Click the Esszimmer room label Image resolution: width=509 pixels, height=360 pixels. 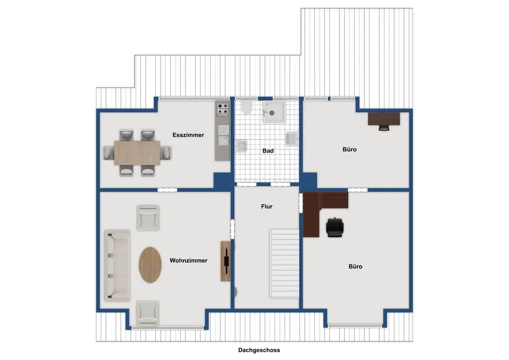[188, 135]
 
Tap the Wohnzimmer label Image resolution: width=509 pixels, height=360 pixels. [188, 260]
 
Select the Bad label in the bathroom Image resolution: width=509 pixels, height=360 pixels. [268, 151]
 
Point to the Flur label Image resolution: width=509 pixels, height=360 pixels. [267, 206]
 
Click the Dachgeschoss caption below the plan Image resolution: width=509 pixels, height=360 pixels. [259, 350]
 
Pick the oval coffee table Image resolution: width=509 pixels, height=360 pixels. [150, 265]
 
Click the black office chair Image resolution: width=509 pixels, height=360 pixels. [335, 227]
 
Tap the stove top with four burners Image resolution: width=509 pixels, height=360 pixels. [223, 109]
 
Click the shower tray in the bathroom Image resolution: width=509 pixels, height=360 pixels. [274, 112]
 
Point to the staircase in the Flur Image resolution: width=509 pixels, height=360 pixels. [284, 264]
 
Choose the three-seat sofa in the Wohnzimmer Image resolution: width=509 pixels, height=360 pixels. [117, 266]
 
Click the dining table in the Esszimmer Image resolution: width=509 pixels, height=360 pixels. [137, 153]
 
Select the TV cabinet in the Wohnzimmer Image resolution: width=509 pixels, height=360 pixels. [226, 261]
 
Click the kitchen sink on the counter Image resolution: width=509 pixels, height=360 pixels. [223, 135]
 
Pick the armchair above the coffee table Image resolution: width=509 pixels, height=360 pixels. [148, 217]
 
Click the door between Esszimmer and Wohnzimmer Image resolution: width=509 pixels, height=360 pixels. [168, 190]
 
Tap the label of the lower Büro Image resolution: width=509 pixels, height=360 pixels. [355, 267]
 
